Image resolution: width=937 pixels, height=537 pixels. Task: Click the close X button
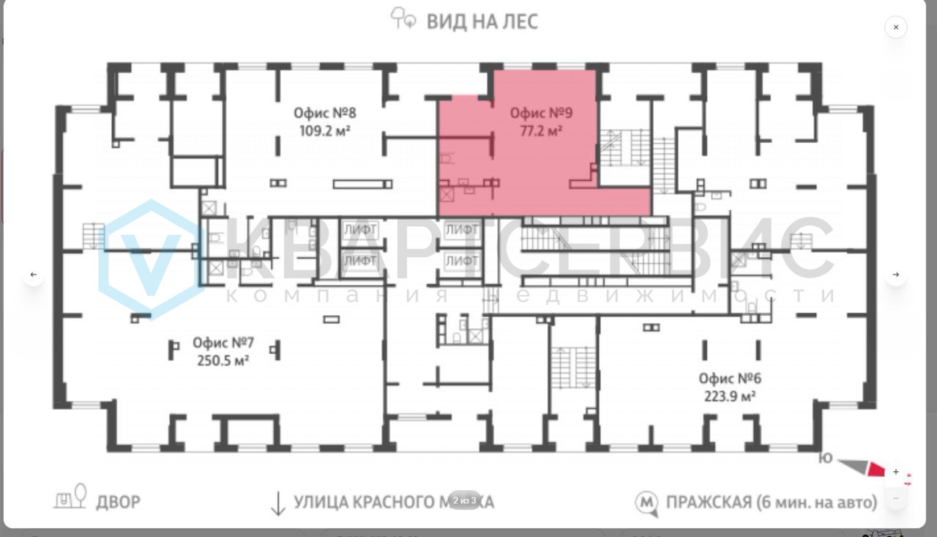pyautogui.click(x=895, y=27)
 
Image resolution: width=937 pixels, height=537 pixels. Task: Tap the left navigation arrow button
pyautogui.click(x=33, y=275)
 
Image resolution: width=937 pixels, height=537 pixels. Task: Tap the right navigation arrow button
pyautogui.click(x=895, y=275)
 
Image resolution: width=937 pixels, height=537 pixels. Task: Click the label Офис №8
pyautogui.click(x=324, y=114)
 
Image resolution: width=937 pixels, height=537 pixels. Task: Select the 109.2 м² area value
pyautogui.click(x=324, y=132)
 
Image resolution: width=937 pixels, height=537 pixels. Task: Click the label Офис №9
pyautogui.click(x=541, y=114)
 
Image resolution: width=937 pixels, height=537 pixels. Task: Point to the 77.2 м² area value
pyautogui.click(x=541, y=132)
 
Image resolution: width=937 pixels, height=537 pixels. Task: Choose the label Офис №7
pyautogui.click(x=223, y=342)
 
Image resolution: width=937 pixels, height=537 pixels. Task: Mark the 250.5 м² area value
pyautogui.click(x=223, y=360)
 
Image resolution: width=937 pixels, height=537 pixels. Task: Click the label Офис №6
pyautogui.click(x=729, y=378)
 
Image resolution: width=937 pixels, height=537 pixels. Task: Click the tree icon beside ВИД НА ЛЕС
pyautogui.click(x=403, y=18)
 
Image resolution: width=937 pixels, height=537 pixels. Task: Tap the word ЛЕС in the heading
pyautogui.click(x=520, y=21)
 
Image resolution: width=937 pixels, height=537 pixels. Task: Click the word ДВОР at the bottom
pyautogui.click(x=118, y=502)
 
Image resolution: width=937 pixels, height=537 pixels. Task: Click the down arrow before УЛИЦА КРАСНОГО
pyautogui.click(x=277, y=503)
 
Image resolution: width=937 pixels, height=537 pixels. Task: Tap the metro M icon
pyautogui.click(x=645, y=503)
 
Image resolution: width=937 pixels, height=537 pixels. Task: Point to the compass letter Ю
pyautogui.click(x=825, y=459)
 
